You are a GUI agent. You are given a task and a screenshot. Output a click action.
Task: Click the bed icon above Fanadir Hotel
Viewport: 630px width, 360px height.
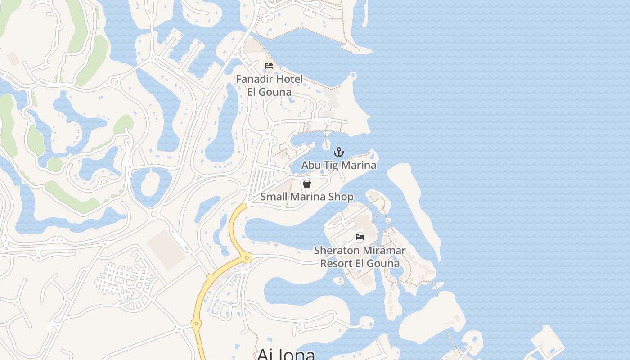(269, 66)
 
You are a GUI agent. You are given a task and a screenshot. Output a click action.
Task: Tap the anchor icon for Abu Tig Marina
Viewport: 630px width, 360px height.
(338, 152)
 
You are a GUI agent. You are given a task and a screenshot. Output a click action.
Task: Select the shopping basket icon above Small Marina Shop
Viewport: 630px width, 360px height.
(307, 184)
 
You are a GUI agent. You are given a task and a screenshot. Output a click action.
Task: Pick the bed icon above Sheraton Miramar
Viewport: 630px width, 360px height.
(360, 237)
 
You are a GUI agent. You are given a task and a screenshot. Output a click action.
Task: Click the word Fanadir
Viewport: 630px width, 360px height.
(253, 79)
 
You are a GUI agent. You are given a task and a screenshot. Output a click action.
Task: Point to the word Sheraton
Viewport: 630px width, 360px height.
(337, 250)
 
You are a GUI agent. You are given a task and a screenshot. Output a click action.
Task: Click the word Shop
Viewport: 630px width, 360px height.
(341, 197)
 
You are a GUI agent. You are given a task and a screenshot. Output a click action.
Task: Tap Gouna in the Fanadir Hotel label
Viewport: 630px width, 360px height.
(276, 92)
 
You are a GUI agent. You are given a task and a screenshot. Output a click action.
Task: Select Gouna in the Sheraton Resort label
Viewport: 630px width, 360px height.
(383, 263)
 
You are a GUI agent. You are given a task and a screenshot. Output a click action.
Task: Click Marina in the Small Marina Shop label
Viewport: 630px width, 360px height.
(308, 197)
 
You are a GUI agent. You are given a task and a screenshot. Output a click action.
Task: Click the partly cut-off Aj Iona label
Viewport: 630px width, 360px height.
(286, 354)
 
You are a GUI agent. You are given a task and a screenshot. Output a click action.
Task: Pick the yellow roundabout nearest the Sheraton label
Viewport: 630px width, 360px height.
(247, 258)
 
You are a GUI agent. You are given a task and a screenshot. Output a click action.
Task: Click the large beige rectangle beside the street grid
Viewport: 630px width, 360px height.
(166, 250)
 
